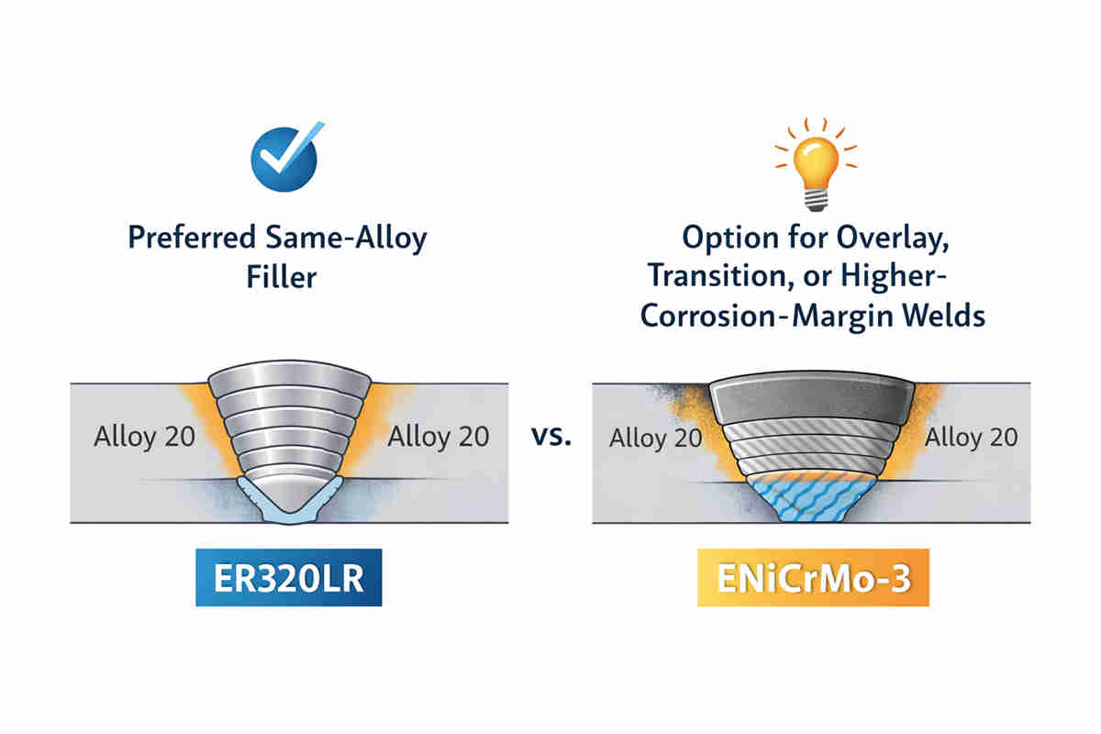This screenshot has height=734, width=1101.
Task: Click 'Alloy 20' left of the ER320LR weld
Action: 144,436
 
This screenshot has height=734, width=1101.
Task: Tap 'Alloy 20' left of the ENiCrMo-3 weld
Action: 655,438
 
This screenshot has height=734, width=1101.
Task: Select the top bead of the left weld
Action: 290,383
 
